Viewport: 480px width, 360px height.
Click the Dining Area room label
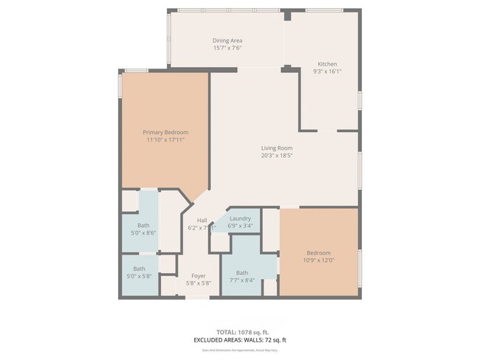227,41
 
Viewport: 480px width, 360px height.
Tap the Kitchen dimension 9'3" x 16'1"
328,72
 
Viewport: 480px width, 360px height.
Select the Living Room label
277,148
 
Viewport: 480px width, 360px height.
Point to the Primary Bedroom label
165,133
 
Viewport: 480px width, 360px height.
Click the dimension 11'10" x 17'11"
165,139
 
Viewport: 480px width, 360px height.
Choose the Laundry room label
240,219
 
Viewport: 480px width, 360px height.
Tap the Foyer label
198,275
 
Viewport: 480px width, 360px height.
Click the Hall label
202,221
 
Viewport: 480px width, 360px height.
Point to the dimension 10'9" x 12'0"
319,260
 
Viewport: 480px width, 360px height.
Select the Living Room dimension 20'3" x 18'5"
277,156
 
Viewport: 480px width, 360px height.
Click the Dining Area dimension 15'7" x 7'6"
227,48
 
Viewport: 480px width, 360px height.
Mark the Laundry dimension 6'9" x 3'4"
241,226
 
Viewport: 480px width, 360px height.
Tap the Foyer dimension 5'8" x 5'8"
198,283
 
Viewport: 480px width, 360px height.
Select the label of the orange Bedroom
319,252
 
